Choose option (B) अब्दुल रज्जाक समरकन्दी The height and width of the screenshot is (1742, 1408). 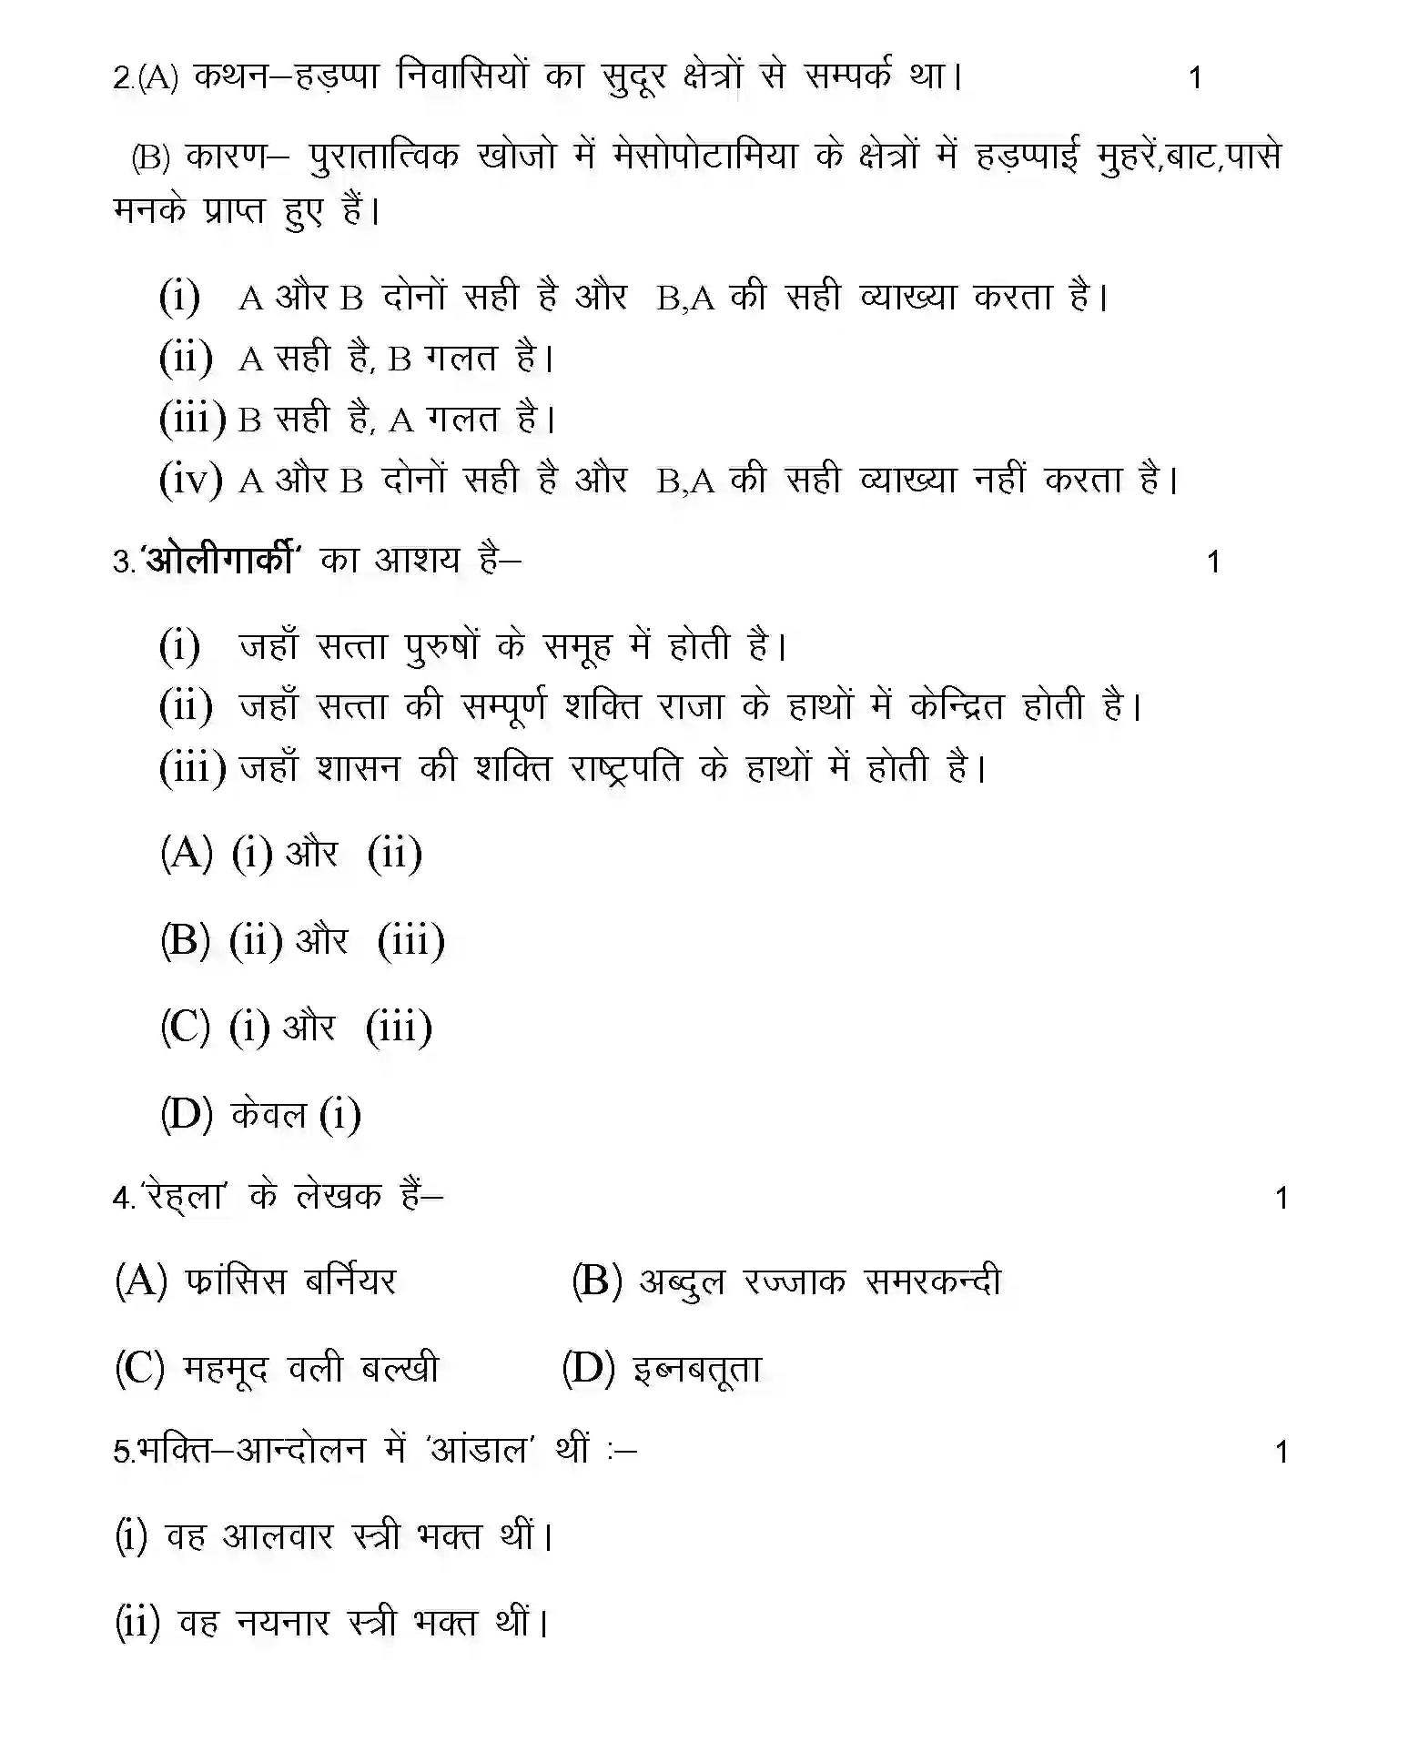[785, 1281]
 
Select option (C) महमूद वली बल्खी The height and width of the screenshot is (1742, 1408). [276, 1368]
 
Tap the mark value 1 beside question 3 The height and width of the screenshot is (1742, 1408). [1211, 562]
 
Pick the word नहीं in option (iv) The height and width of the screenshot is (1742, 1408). [1000, 479]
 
